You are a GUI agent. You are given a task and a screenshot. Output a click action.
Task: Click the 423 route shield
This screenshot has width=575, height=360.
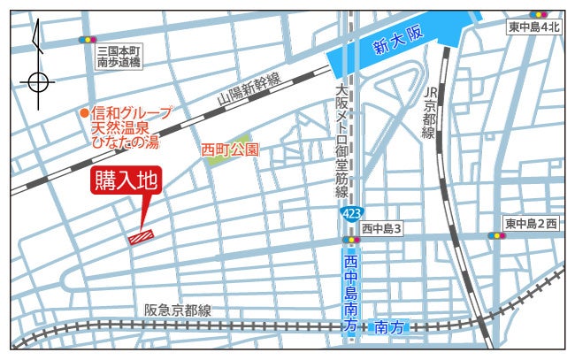point(352,215)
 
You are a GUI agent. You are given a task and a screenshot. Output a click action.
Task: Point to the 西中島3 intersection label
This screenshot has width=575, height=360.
point(382,228)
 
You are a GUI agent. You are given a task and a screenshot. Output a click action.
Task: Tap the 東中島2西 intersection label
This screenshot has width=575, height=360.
point(531,223)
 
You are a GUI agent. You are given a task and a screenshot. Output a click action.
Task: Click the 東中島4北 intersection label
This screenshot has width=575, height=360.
point(534,27)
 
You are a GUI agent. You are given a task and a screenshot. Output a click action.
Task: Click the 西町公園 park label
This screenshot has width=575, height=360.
point(230,149)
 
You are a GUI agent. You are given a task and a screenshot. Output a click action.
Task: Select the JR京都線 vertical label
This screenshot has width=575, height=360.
point(431,112)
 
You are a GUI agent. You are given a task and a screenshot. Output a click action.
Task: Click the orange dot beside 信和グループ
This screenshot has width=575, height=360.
point(84,112)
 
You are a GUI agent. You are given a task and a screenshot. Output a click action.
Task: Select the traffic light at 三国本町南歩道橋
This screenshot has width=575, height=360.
point(87,40)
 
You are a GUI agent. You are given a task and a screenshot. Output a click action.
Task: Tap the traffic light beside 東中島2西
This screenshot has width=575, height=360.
point(495,236)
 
